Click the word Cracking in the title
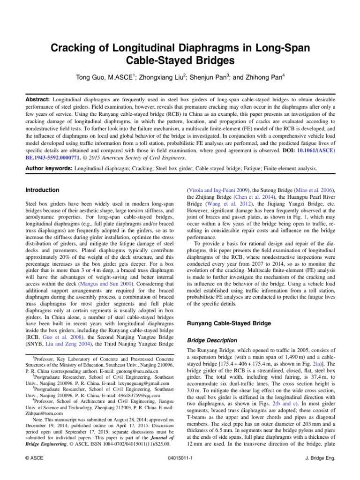(x=76, y=48)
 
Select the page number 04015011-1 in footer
(x=180, y=459)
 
